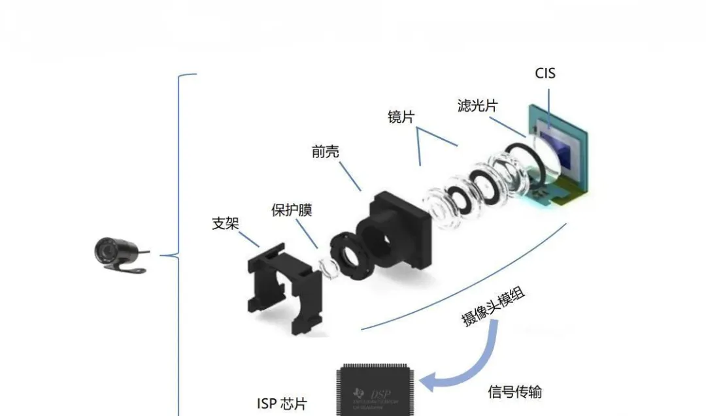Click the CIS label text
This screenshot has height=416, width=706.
coord(545,73)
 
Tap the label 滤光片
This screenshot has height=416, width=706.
coord(477,105)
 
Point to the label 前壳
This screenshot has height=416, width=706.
coord(326,152)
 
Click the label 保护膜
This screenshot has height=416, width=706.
coord(292,210)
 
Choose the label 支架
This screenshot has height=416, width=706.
coord(226,223)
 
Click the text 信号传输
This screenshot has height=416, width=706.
coord(515,392)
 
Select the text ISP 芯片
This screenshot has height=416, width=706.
coord(281,403)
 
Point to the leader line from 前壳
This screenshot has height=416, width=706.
coord(346,176)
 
